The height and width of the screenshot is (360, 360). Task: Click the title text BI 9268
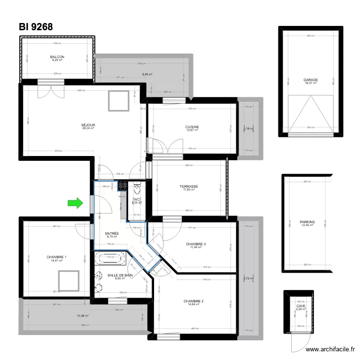[x=36, y=27]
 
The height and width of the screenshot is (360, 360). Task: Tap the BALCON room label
[x=57, y=57]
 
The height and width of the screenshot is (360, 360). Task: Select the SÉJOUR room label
[x=88, y=125]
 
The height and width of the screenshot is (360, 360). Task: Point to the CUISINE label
[x=192, y=127]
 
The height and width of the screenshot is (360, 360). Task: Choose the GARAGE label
[x=311, y=80]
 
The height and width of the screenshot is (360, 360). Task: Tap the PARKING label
[x=307, y=222]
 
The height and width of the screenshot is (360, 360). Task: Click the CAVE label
[x=301, y=306]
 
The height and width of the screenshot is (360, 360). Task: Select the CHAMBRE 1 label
[x=57, y=257]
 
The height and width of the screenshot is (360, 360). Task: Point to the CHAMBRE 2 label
[x=193, y=301]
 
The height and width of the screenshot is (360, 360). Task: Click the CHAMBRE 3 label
[x=196, y=244]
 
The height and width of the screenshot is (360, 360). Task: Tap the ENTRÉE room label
[x=112, y=233]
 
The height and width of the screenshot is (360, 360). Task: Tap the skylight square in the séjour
[x=118, y=100]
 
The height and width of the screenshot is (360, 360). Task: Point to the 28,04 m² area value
[x=88, y=129]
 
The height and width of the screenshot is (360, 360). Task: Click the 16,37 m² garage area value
[x=311, y=83]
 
